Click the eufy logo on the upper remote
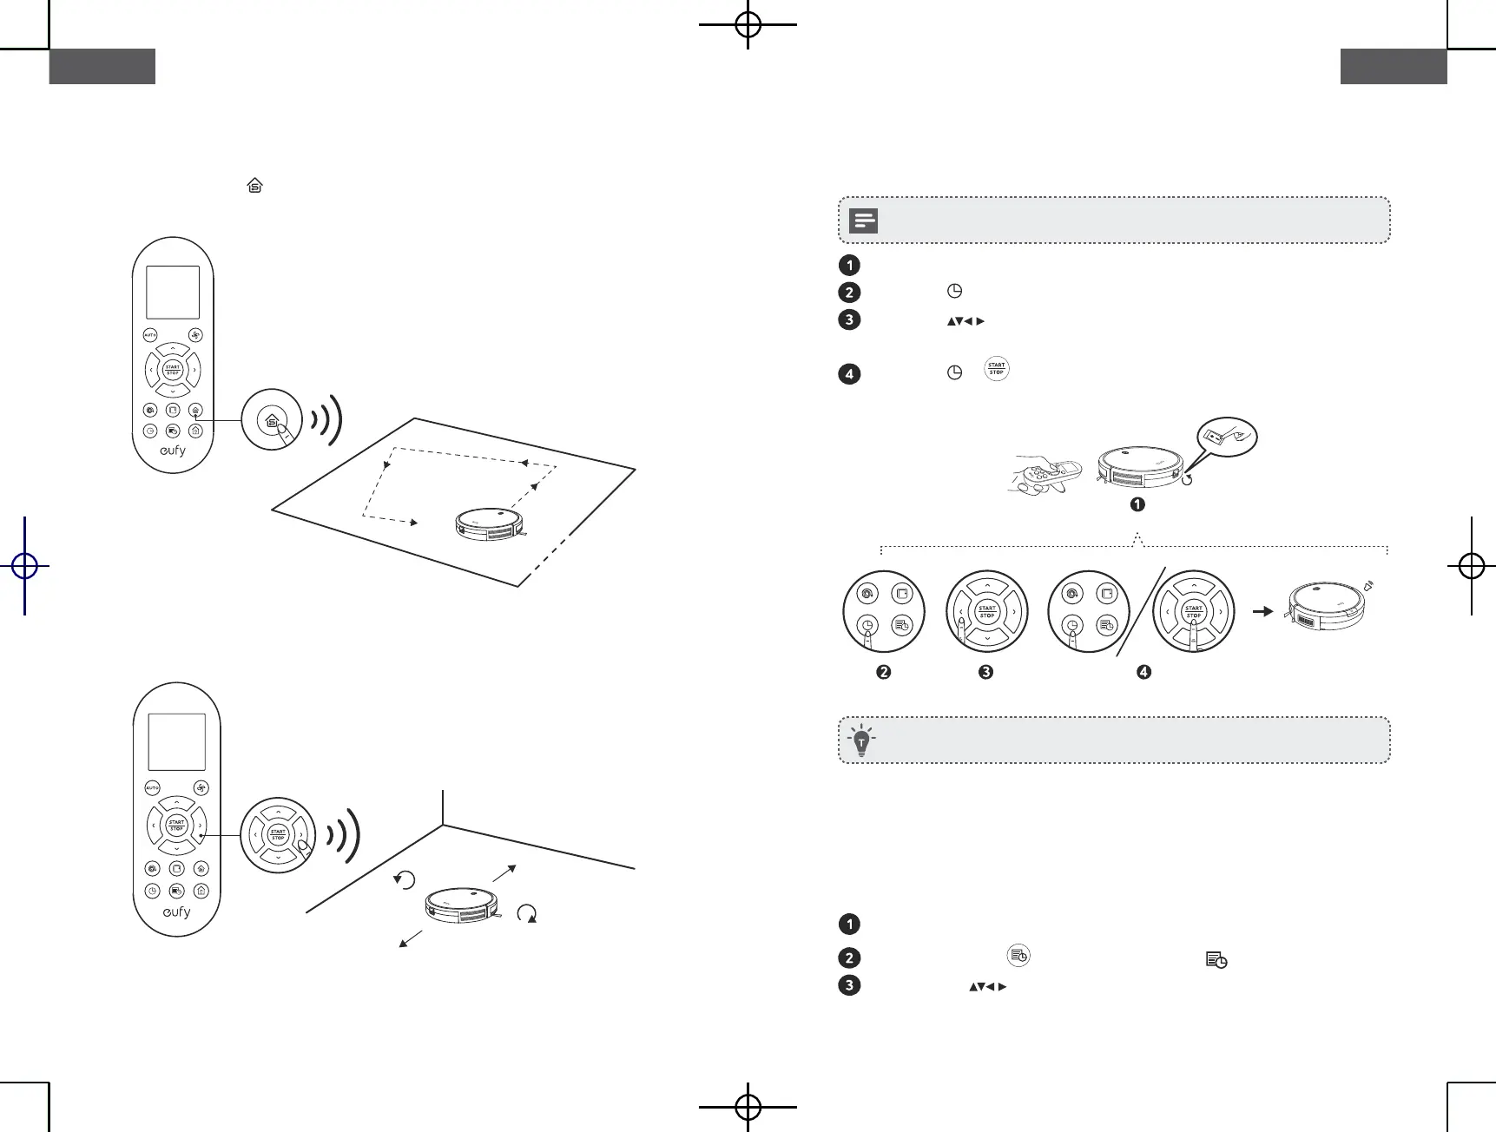172,451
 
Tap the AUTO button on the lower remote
152,787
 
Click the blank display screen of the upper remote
173,293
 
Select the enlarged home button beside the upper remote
272,419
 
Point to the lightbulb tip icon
861,740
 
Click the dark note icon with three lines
864,220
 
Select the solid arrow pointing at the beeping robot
1262,611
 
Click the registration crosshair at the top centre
748,24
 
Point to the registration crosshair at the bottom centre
748,1107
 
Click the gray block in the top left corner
102,67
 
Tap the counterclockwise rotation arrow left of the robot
405,879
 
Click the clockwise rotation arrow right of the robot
527,913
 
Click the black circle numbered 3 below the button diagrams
985,672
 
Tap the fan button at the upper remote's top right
195,335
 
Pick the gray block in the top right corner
1394,67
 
